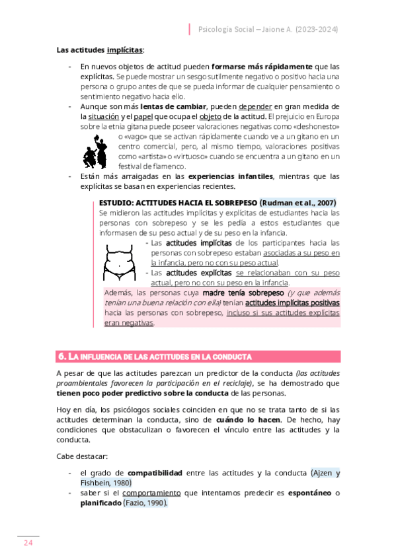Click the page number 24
tap(28, 543)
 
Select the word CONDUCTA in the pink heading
tap(231, 357)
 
